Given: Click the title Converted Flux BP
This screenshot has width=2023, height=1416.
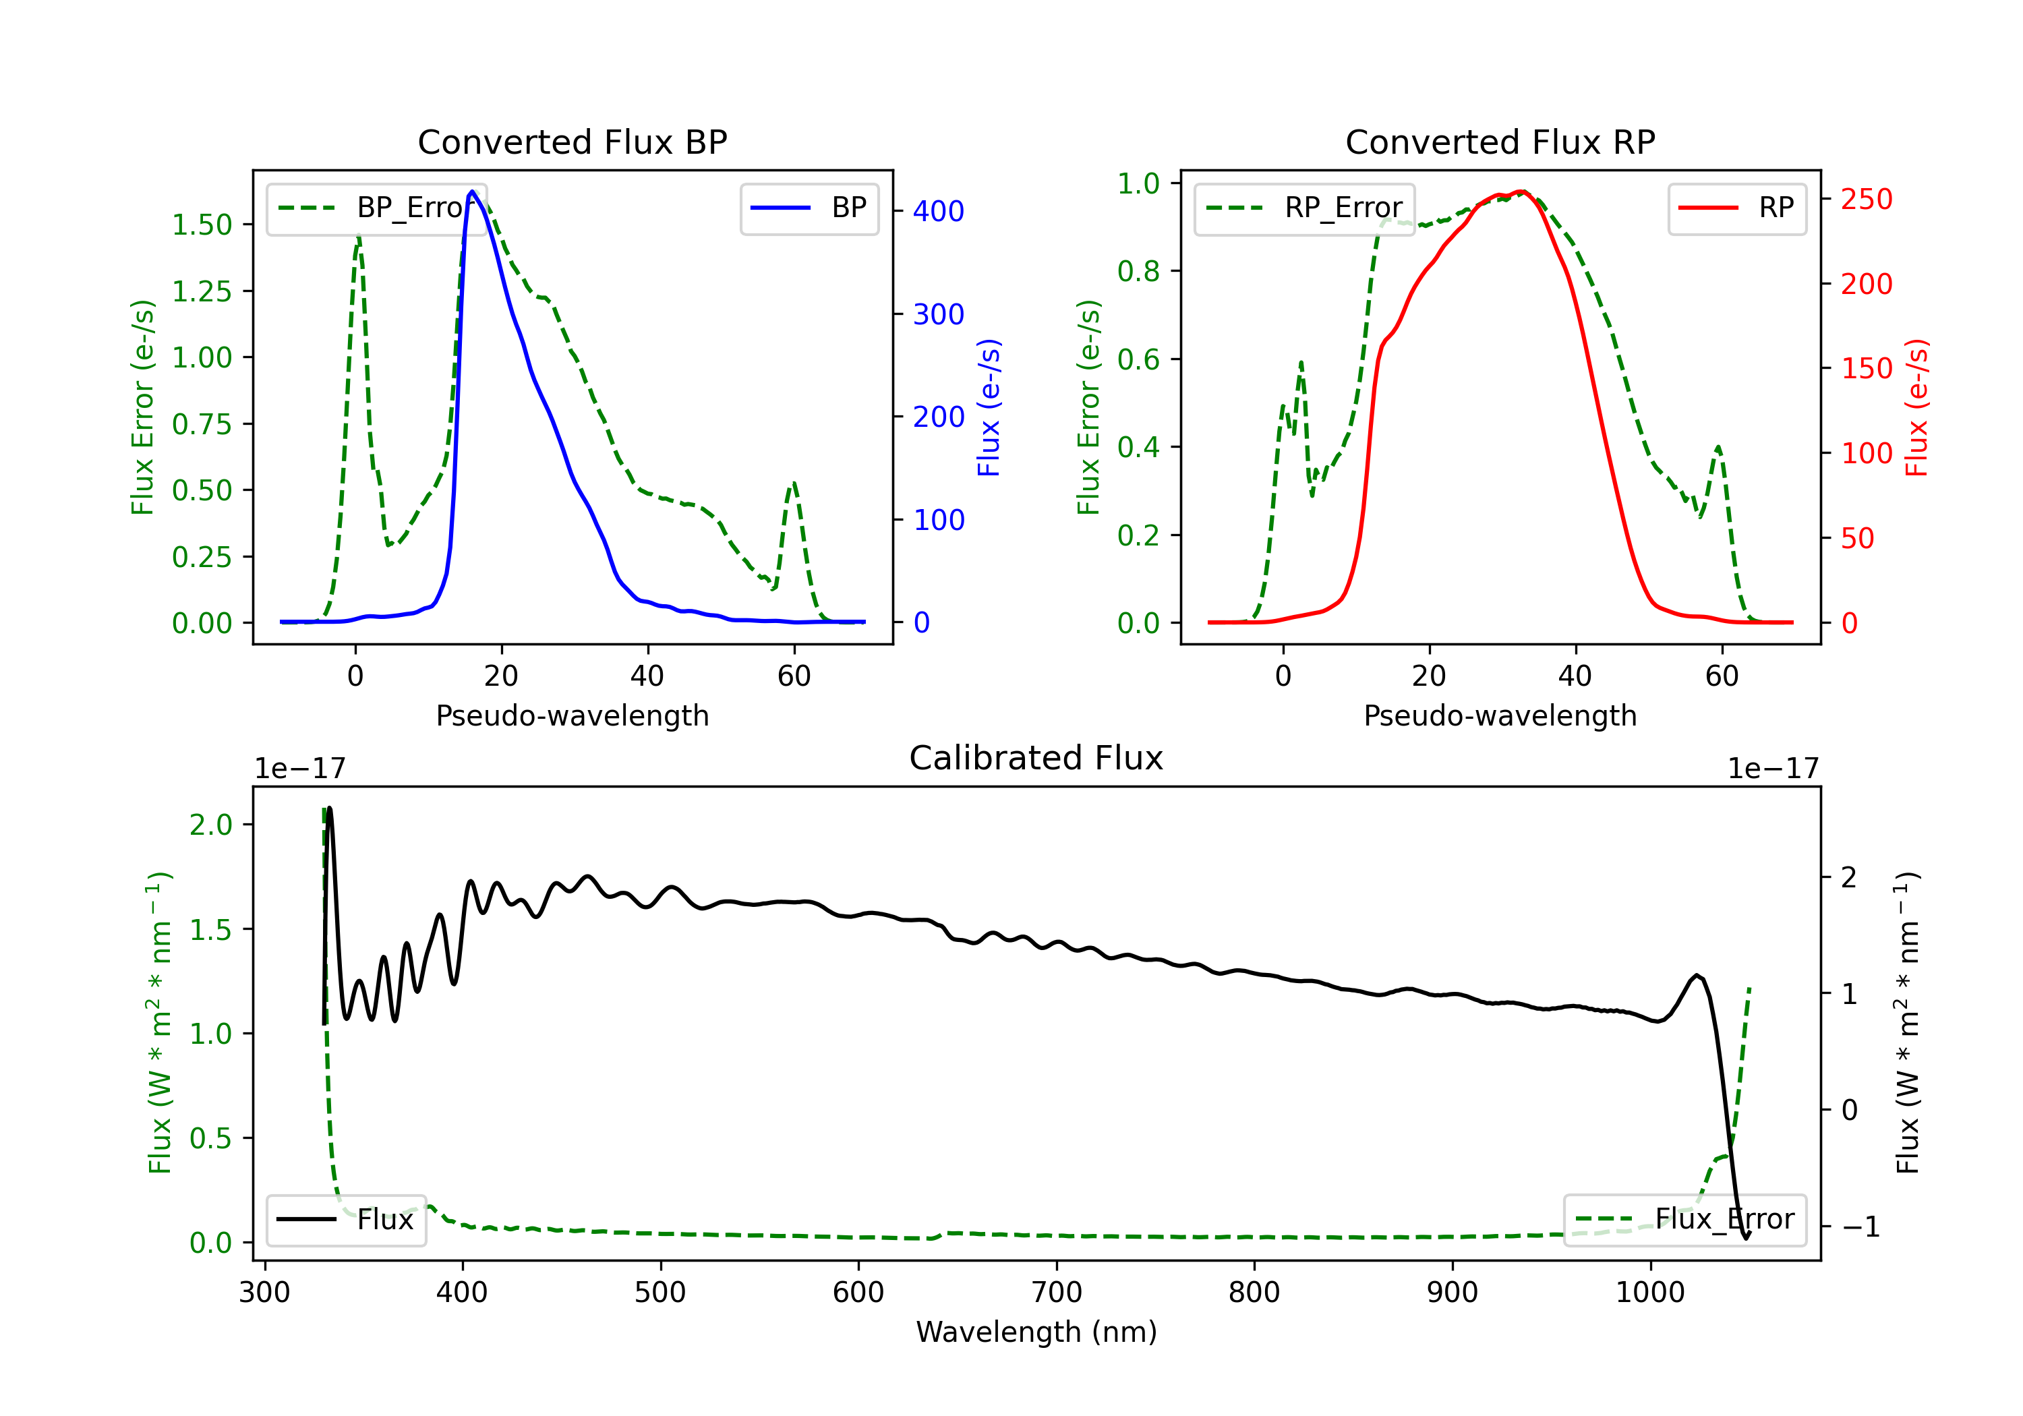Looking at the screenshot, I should point(572,142).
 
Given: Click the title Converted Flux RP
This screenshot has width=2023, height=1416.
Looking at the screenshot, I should point(1500,142).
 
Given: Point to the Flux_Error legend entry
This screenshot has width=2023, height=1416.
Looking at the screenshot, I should point(1684,1220).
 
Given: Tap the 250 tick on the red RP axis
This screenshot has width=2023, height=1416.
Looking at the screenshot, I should point(1866,199).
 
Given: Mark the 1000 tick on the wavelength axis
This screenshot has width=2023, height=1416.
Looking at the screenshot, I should point(1649,1293).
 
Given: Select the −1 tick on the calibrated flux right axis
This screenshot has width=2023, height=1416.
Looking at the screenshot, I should point(1860,1227).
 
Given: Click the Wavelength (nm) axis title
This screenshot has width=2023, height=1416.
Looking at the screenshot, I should point(1036,1332).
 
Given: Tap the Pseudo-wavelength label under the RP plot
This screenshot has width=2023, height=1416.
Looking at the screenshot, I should point(1500,715).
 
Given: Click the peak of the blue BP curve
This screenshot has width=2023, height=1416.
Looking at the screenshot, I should point(472,191).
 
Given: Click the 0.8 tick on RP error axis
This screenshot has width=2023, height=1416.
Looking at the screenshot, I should point(1138,271).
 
